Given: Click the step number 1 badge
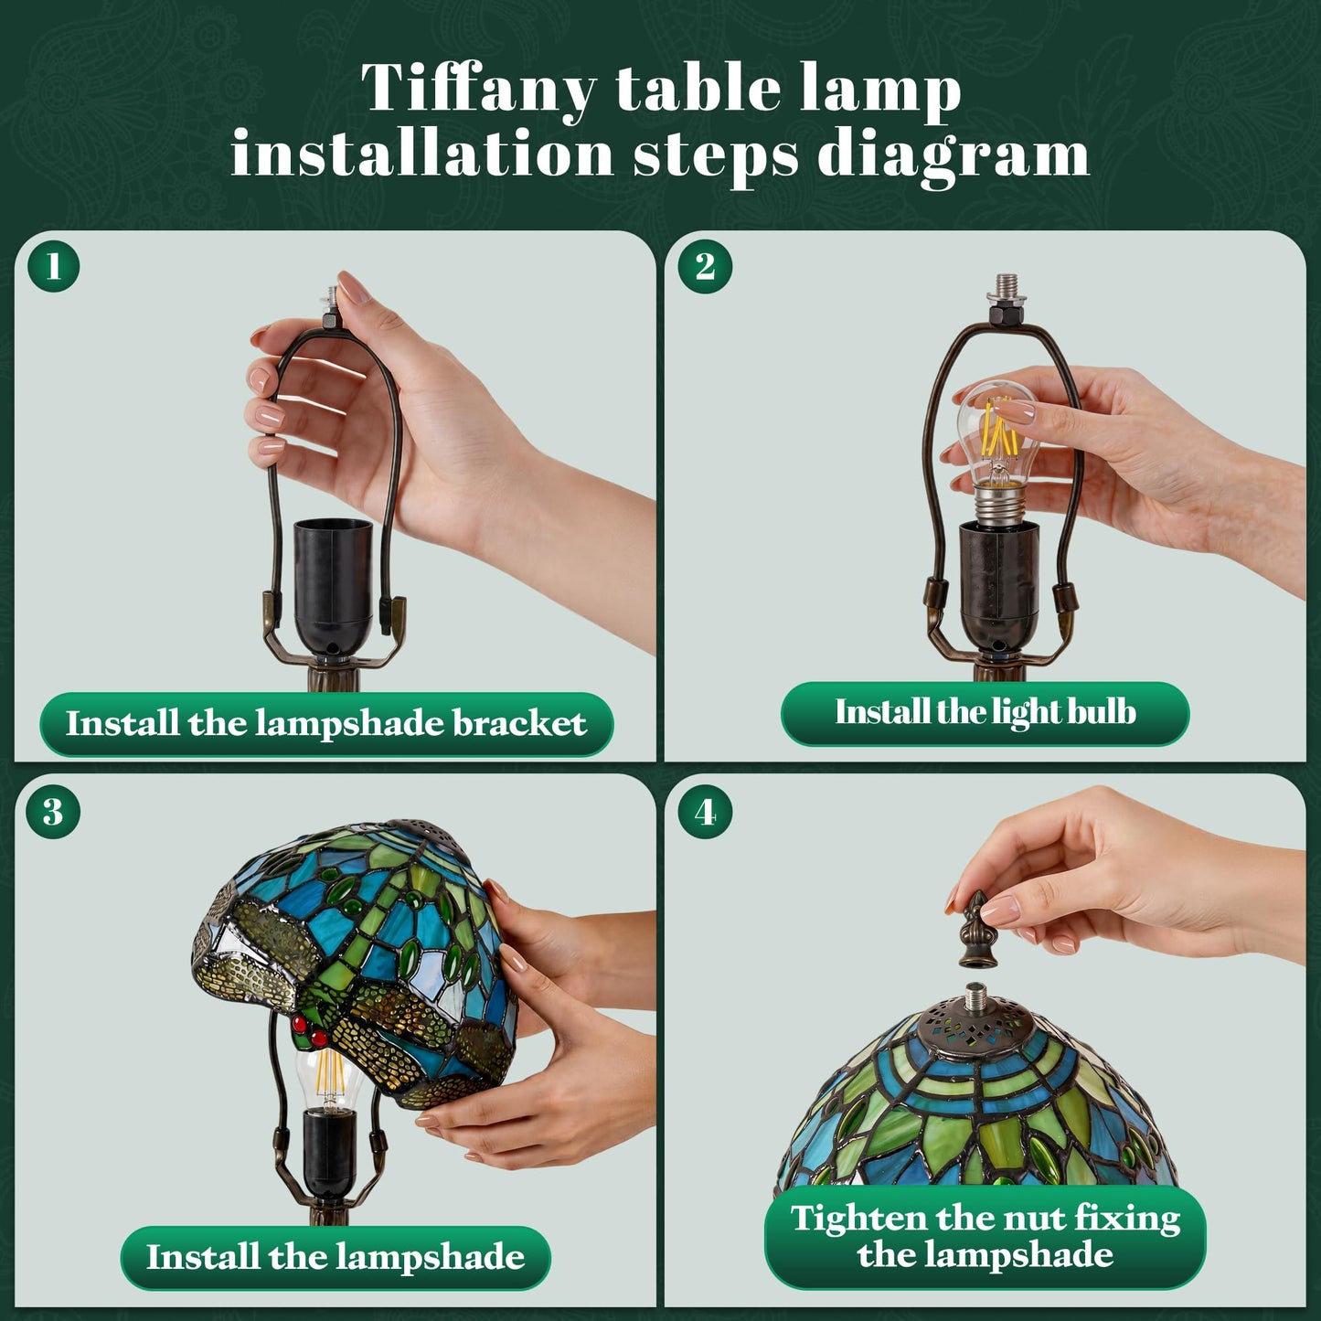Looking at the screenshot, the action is coord(53,266).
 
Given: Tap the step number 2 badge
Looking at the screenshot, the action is coord(705,266).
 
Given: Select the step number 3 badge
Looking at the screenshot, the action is coord(53,812).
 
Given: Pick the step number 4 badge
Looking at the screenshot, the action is coord(705,813).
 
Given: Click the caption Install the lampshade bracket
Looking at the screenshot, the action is coord(326,723).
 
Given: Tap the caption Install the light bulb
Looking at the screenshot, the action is coord(985,712).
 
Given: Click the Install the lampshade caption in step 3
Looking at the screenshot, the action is coord(336,1257).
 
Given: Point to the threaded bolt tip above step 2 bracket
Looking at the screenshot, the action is coord(1005,282).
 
